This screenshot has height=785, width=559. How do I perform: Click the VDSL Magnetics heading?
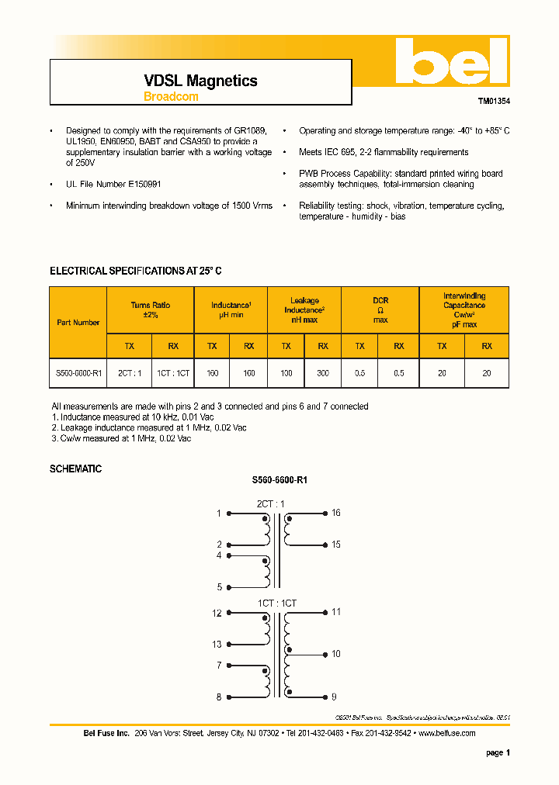click(x=200, y=81)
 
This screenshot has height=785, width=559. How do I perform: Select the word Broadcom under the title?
click(x=171, y=97)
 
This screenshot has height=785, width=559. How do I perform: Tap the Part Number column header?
click(x=78, y=322)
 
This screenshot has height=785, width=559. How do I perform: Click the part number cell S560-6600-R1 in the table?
click(x=78, y=373)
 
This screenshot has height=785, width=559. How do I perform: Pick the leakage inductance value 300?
click(x=323, y=373)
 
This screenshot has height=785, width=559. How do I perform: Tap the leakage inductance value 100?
click(x=286, y=373)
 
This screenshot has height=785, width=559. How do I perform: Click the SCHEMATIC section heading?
click(x=75, y=469)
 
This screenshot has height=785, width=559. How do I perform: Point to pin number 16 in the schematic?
click(x=336, y=513)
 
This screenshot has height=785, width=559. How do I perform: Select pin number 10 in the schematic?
click(x=336, y=654)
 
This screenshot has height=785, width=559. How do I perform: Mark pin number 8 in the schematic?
click(x=219, y=697)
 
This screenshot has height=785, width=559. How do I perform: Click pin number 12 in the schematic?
click(x=217, y=613)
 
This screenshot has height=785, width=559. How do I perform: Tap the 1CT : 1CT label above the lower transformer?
click(x=277, y=603)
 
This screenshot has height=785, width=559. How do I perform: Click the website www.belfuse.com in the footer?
click(x=446, y=733)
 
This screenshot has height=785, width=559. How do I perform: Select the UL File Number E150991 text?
click(x=113, y=184)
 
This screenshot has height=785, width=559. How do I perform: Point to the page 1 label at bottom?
click(x=498, y=752)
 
